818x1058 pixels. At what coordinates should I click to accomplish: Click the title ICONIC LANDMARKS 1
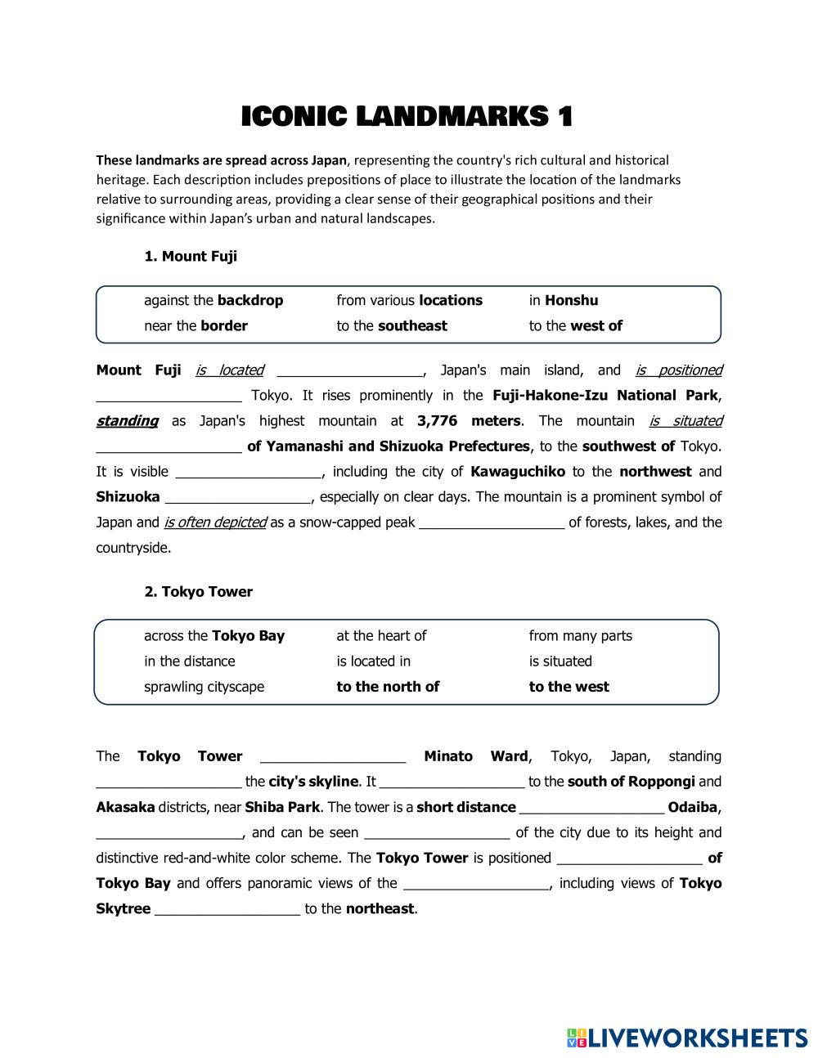407,117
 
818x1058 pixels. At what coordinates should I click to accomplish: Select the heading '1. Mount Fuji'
191,256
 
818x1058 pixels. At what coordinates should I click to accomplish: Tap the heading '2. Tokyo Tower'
198,591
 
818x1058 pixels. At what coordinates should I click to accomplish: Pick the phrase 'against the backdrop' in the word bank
213,300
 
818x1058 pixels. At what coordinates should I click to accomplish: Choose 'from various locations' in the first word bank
409,300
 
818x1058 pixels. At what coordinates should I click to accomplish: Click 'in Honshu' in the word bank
563,300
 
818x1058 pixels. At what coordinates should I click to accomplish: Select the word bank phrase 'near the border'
196,325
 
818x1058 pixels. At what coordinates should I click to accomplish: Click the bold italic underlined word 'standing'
127,421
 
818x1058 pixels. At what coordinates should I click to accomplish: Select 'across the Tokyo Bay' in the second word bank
214,635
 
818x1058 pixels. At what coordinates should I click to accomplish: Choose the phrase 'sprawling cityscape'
204,687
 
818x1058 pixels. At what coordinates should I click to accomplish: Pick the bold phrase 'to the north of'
388,687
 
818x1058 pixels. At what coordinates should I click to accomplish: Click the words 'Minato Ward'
477,756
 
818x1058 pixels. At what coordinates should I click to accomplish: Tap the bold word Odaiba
693,807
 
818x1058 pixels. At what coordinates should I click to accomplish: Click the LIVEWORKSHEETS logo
687,1038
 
